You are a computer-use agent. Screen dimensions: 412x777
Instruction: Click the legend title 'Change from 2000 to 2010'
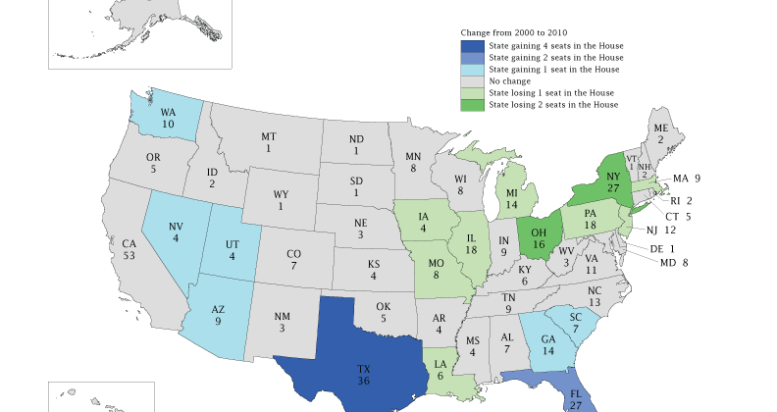pos(513,33)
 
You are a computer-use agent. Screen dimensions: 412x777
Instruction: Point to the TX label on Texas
pos(363,370)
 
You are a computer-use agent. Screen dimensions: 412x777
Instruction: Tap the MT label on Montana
pos(268,136)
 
